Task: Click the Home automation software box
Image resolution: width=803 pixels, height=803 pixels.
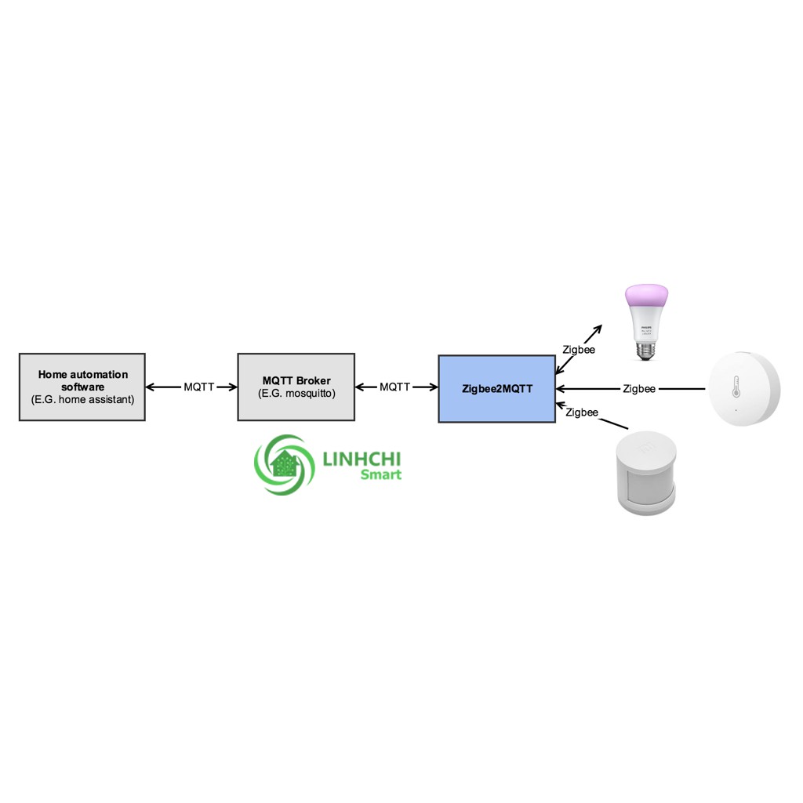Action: pyautogui.click(x=82, y=387)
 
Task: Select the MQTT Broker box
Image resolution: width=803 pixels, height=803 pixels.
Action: pyautogui.click(x=296, y=387)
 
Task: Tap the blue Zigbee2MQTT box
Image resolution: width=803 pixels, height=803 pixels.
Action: pyautogui.click(x=496, y=388)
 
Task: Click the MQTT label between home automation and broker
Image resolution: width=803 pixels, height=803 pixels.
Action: pyautogui.click(x=199, y=387)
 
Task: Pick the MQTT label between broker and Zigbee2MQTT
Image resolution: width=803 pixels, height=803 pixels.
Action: pyautogui.click(x=395, y=387)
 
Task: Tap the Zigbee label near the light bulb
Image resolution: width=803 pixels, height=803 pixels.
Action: pyautogui.click(x=579, y=350)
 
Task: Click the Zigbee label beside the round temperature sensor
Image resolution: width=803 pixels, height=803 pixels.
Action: pyautogui.click(x=639, y=388)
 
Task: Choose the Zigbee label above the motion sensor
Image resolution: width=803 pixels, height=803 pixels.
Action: pyautogui.click(x=581, y=412)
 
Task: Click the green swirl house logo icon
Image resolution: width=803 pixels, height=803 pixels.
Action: pyautogui.click(x=284, y=465)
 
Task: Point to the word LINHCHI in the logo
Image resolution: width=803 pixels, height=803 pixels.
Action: pyautogui.click(x=362, y=457)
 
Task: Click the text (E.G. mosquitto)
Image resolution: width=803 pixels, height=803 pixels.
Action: pyautogui.click(x=296, y=394)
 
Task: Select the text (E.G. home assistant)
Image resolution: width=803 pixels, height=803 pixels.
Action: pyautogui.click(x=82, y=400)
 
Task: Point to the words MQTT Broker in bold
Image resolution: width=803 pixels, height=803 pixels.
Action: pyautogui.click(x=296, y=380)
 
